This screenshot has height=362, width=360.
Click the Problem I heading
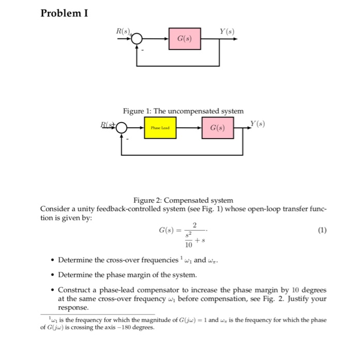pyautogui.click(x=64, y=12)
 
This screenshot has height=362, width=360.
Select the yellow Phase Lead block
pyautogui.click(x=160, y=127)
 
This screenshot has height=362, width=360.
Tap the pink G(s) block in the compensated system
pyautogui.click(x=218, y=127)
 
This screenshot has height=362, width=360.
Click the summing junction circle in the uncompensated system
pyautogui.click(x=137, y=39)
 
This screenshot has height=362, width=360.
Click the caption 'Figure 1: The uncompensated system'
pyautogui.click(x=183, y=111)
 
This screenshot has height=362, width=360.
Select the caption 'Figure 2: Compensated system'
pyautogui.click(x=183, y=200)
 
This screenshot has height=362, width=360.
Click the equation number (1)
pyautogui.click(x=322, y=230)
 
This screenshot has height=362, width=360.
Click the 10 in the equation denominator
pyautogui.click(x=188, y=246)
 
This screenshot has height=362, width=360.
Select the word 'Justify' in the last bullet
pyautogui.click(x=299, y=298)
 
